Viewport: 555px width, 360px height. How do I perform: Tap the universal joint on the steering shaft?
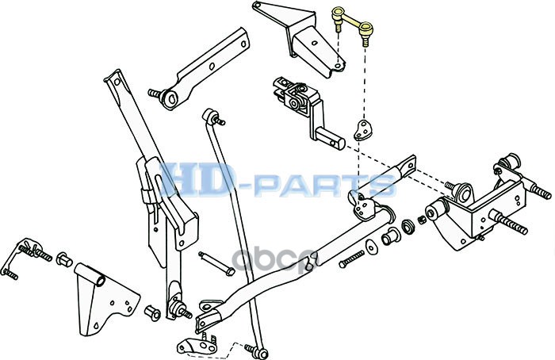(297, 99)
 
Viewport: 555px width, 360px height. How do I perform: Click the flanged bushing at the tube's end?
(390, 236)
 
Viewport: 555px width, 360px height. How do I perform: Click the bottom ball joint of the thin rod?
(254, 348)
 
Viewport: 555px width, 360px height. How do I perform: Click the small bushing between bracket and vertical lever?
(150, 308)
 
